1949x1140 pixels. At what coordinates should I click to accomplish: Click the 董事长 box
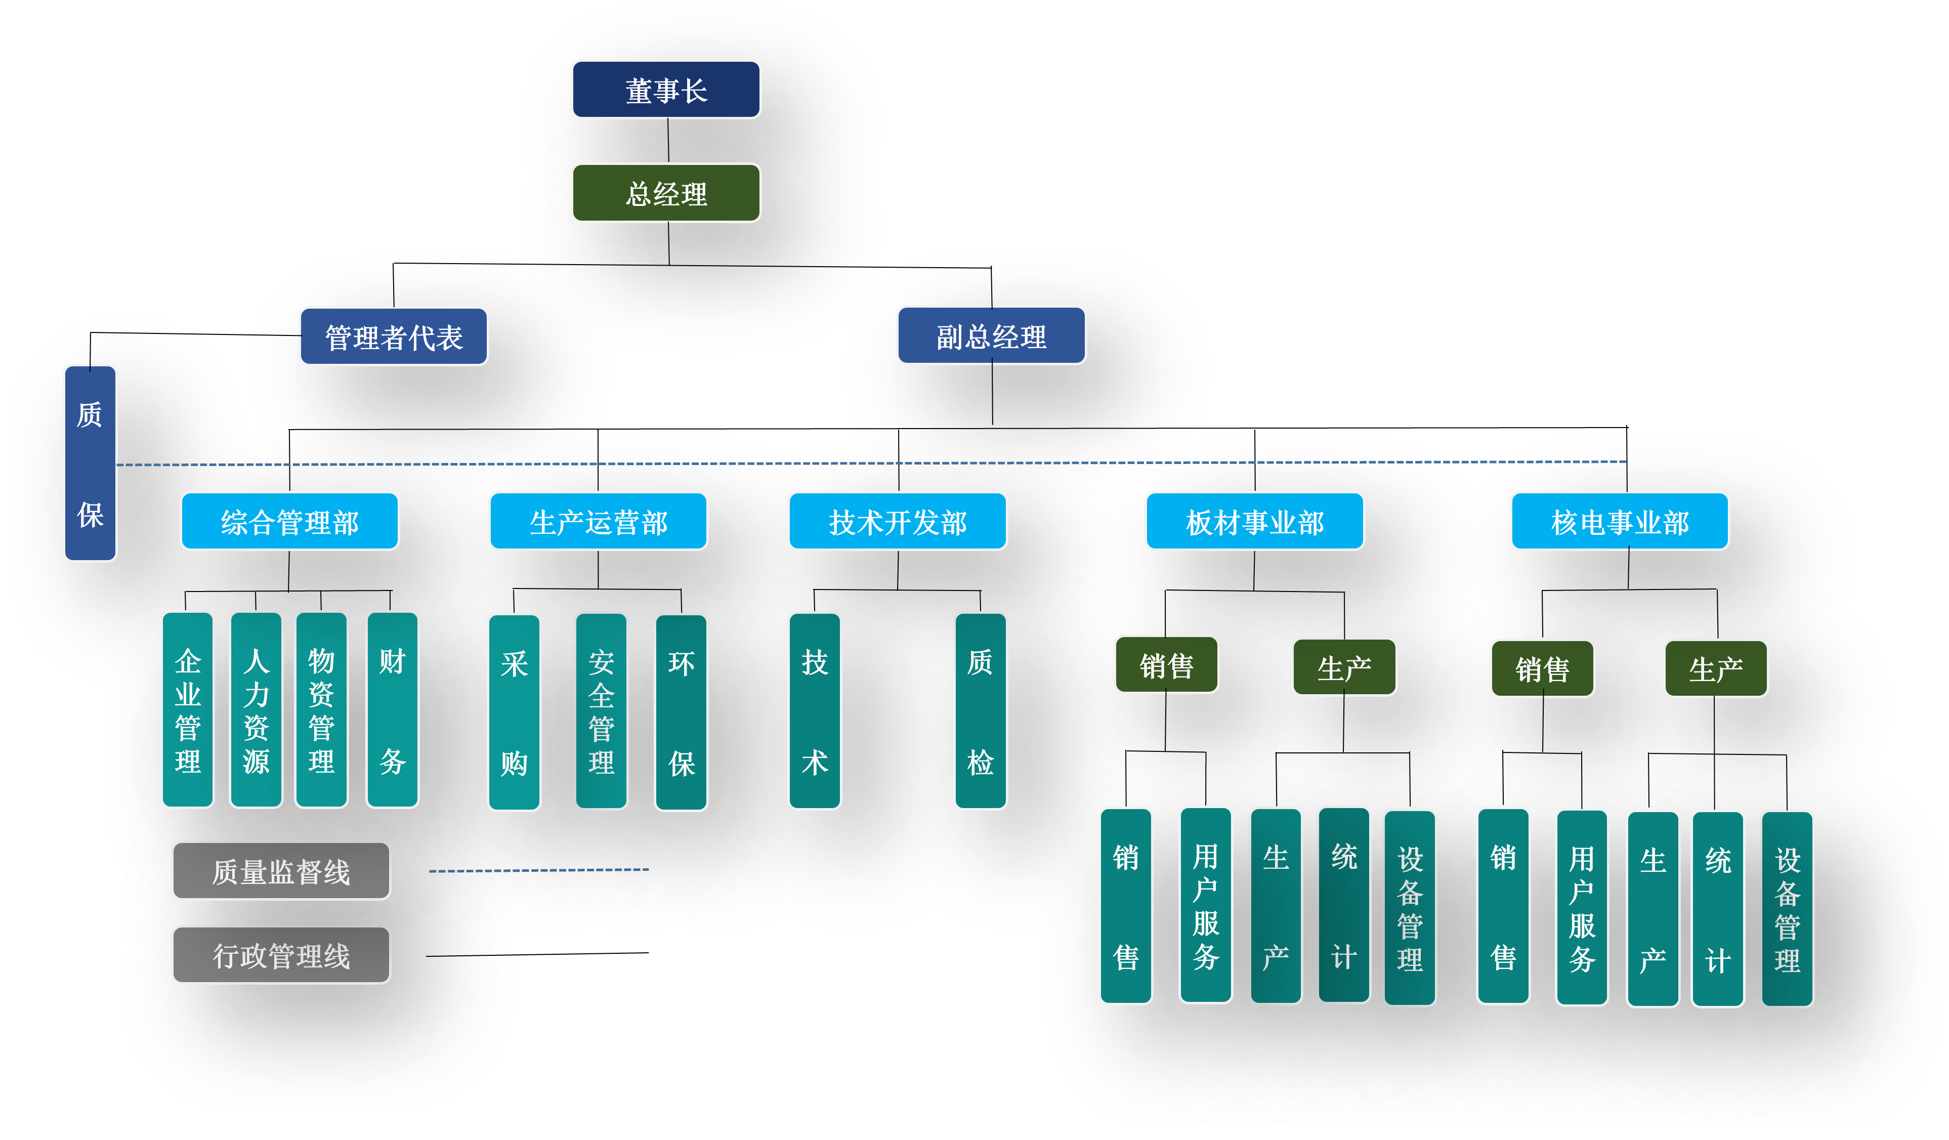tap(666, 90)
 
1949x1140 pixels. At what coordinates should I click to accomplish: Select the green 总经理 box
tap(666, 193)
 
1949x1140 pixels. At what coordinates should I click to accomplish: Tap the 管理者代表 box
tap(394, 336)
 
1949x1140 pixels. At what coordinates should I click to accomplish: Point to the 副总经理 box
tap(991, 335)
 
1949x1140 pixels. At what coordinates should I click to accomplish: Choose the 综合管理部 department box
tap(289, 521)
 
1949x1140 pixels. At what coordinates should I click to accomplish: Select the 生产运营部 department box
tap(598, 521)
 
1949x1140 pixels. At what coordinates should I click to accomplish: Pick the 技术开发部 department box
tap(897, 521)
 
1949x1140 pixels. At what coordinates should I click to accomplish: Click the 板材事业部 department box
tap(1254, 521)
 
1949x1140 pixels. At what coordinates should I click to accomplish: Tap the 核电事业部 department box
tap(1620, 521)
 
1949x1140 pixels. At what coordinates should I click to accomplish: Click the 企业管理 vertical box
tap(187, 710)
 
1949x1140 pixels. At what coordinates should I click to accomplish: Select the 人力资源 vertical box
tap(256, 710)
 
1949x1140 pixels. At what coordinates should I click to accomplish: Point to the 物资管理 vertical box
tap(321, 710)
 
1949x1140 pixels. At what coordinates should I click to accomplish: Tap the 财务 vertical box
tap(392, 710)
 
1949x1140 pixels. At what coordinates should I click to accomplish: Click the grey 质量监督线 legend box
tap(281, 871)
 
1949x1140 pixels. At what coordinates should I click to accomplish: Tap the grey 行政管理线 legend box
tap(281, 955)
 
